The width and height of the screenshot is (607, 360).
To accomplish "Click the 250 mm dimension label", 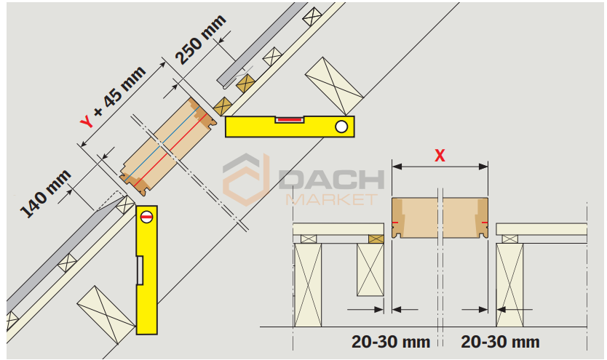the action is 201,39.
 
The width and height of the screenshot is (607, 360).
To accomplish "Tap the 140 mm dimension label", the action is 46,193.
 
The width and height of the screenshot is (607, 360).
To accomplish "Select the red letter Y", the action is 87,121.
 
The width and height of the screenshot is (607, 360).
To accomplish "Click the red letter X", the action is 440,156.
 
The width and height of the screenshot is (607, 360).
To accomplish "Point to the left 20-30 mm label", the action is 391,342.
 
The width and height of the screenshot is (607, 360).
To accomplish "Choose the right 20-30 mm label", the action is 500,342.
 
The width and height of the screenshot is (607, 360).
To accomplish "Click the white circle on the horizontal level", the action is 341,127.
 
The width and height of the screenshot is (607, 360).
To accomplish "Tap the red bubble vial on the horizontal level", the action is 289,119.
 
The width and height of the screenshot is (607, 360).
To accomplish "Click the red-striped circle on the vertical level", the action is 147,217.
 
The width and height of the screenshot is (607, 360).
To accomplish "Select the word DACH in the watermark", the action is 331,180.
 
